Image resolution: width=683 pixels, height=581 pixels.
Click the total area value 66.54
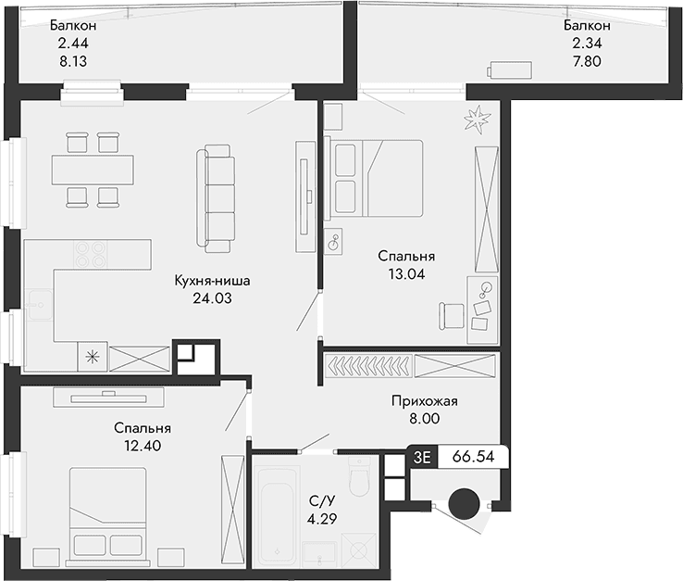tap(473, 457)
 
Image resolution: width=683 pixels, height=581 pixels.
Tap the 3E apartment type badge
tap(423, 457)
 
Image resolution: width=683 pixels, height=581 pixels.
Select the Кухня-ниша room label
tap(213, 280)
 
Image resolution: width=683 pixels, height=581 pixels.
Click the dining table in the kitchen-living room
tap(93, 169)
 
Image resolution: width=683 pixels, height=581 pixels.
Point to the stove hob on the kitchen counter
tap(90, 254)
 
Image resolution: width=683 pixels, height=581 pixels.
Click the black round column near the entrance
tap(464, 504)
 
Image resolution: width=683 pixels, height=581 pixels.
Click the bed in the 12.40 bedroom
tap(107, 513)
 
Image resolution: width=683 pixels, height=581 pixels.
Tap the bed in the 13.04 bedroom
tap(375, 176)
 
